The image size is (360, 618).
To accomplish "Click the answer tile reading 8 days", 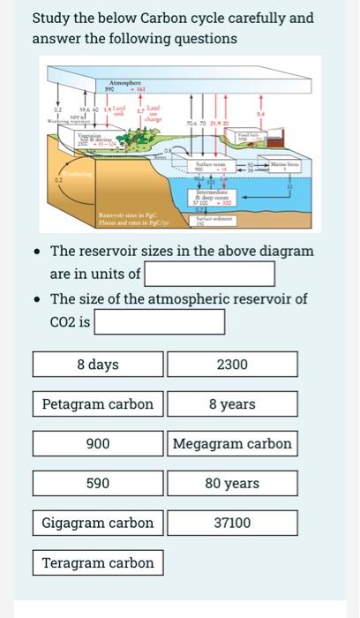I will pyautogui.click(x=98, y=365).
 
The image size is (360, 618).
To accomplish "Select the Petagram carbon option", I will pyautogui.click(x=98, y=404).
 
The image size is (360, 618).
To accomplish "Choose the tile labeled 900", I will pyautogui.click(x=98, y=444).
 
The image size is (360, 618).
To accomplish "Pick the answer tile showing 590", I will pyautogui.click(x=98, y=484).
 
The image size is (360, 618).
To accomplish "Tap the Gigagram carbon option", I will pyautogui.click(x=98, y=523).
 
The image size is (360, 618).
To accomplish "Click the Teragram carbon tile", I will pyautogui.click(x=98, y=562).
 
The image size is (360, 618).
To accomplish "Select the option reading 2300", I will pyautogui.click(x=232, y=365).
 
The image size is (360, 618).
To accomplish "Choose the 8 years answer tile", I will pyautogui.click(x=232, y=404).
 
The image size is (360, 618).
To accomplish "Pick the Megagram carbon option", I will pyautogui.click(x=232, y=444).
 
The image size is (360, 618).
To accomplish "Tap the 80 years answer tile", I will pyautogui.click(x=232, y=484).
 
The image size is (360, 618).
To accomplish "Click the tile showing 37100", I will pyautogui.click(x=232, y=523).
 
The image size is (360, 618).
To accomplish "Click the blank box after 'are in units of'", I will pyautogui.click(x=209, y=273).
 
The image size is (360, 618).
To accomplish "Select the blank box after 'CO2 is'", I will pyautogui.click(x=159, y=322).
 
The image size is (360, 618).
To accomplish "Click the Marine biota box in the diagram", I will pyautogui.click(x=284, y=167).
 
